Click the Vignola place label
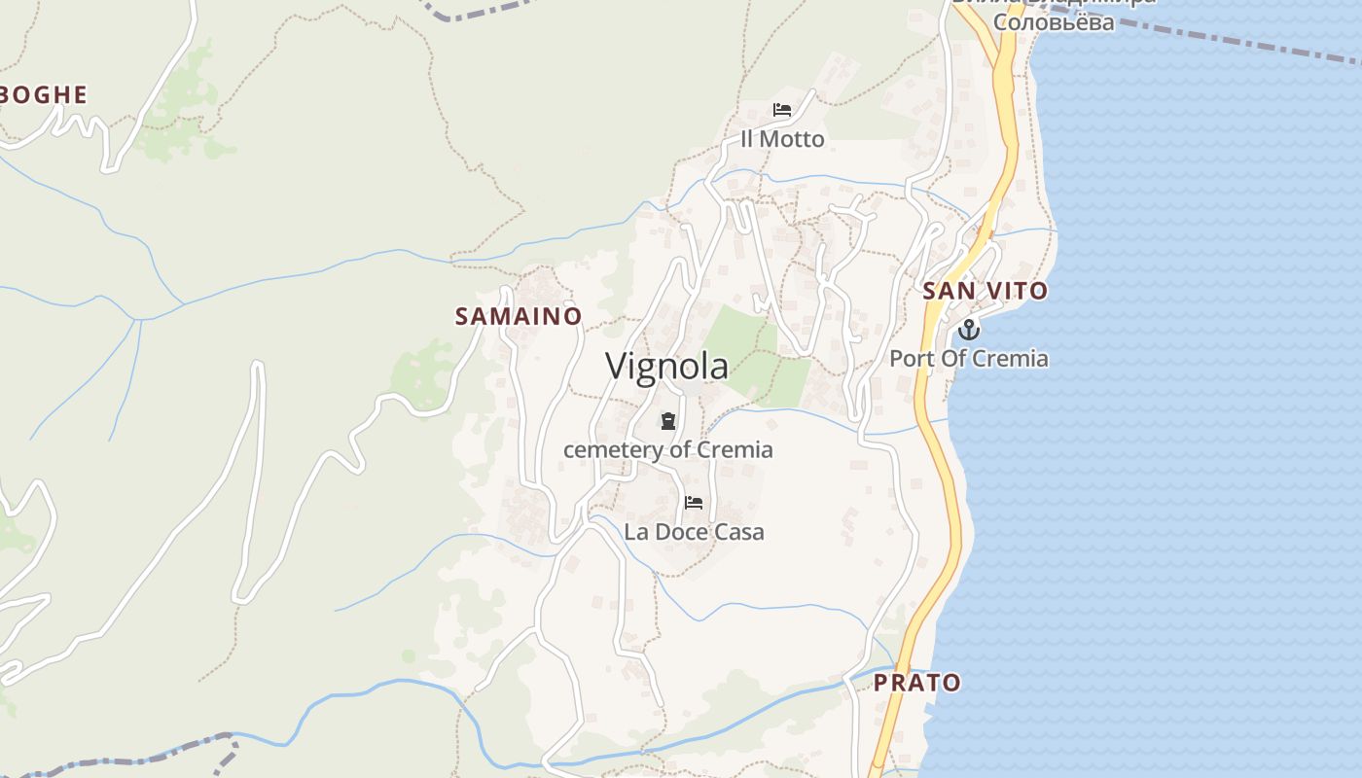coord(666,367)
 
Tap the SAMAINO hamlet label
coord(519,316)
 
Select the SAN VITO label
coord(985,291)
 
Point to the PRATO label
coord(916,683)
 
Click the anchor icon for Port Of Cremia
coord(969,330)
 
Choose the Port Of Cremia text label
coord(969,359)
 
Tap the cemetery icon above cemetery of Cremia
coord(668,421)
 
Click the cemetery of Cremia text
coord(668,450)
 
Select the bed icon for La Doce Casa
coord(694,503)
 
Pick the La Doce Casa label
coord(694,532)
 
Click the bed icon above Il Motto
coord(782,110)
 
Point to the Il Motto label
coord(782,139)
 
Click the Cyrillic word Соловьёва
coord(1055,21)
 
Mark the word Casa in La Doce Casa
coord(739,532)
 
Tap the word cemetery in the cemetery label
coord(609,450)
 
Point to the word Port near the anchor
coord(910,359)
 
